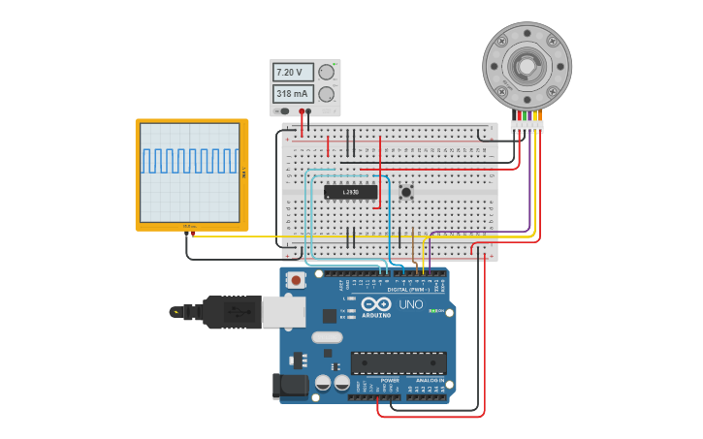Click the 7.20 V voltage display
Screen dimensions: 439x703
(293, 73)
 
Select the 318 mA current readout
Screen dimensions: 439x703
(293, 94)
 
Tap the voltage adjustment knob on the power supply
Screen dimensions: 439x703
(327, 72)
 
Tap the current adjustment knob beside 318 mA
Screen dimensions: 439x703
(327, 94)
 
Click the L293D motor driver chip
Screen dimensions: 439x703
(350, 192)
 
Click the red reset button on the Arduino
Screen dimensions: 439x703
(296, 281)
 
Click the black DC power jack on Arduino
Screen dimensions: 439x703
(290, 386)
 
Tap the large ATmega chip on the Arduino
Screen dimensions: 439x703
(399, 362)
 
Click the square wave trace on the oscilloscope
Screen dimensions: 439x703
(189, 161)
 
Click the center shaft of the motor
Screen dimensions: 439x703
(527, 66)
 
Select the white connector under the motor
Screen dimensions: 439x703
(527, 126)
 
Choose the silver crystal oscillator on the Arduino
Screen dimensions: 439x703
(327, 337)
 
